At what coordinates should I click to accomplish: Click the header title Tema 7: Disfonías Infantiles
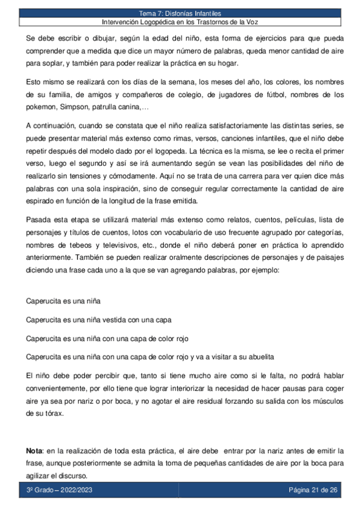pyautogui.click(x=180, y=13)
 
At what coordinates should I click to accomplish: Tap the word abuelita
pyautogui.click(x=259, y=355)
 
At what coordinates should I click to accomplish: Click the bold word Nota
pyautogui.click(x=33, y=450)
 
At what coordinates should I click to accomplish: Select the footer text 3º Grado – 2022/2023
pyautogui.click(x=59, y=489)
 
